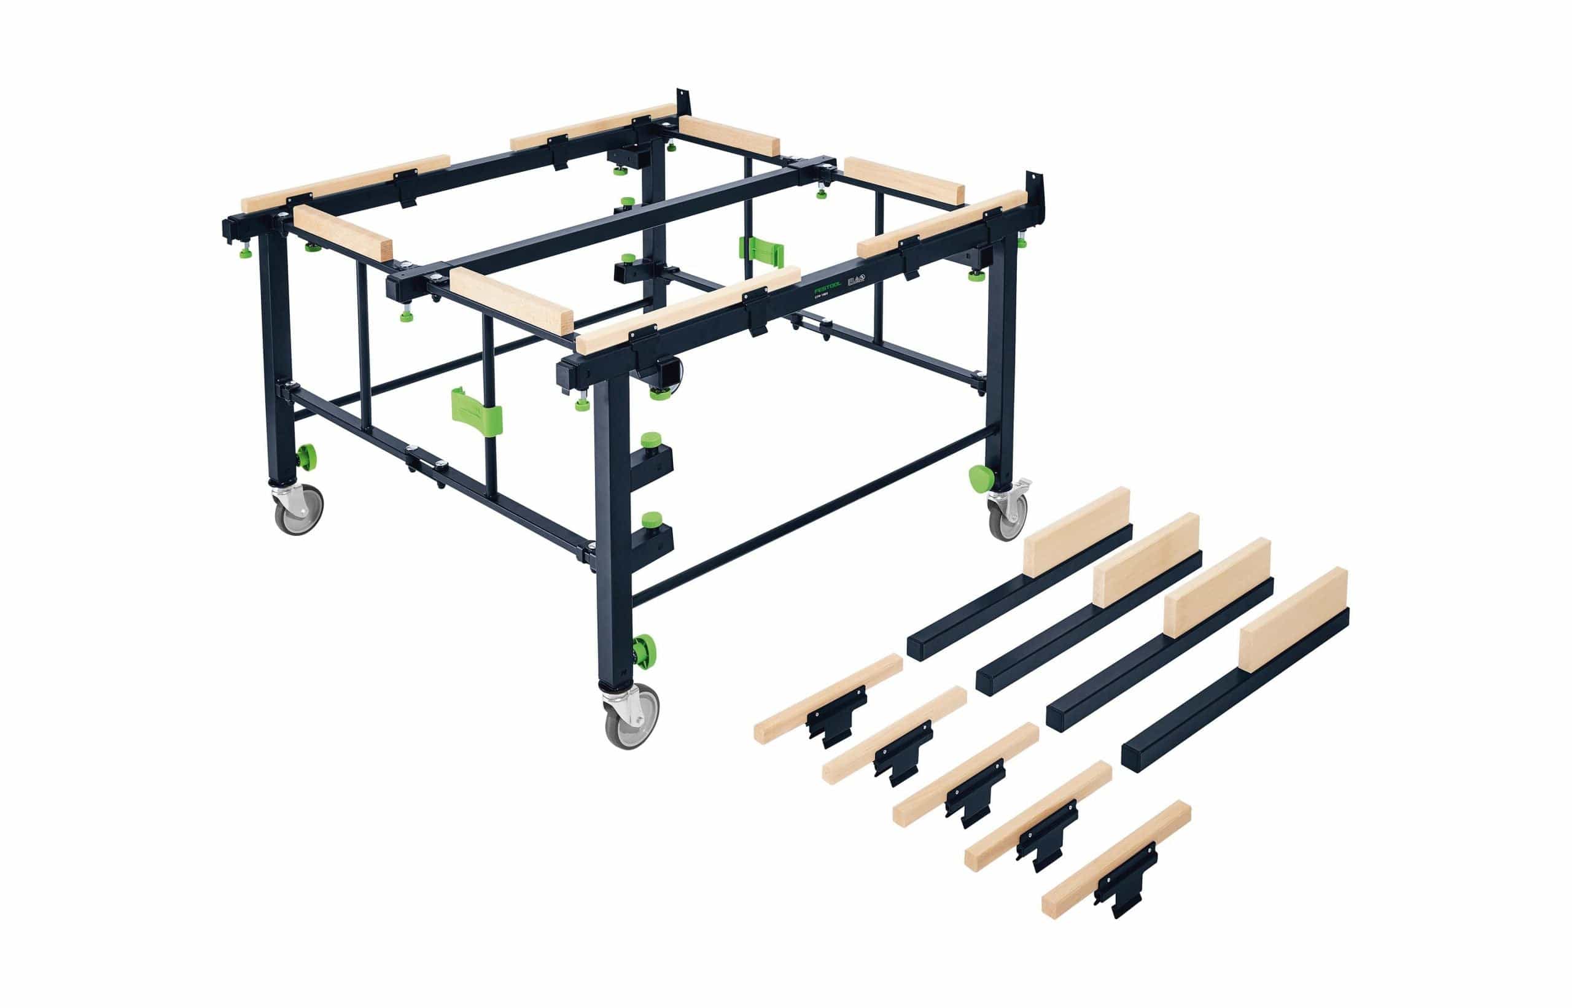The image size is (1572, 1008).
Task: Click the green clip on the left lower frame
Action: (477, 411)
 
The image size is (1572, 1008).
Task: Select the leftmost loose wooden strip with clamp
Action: (828, 698)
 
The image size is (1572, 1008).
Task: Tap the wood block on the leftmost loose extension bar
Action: (1076, 532)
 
